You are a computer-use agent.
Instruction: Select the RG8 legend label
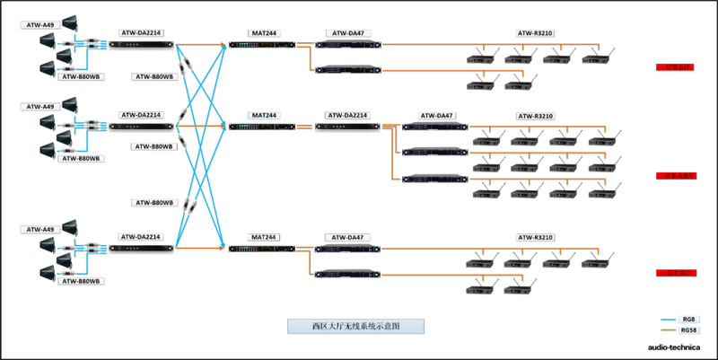point(688,320)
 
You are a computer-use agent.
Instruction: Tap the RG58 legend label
point(688,331)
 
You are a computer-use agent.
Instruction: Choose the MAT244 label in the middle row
point(264,116)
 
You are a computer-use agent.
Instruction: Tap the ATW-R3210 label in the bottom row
point(536,237)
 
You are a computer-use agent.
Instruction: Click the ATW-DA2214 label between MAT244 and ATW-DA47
point(346,116)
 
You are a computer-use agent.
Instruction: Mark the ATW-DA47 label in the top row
point(346,33)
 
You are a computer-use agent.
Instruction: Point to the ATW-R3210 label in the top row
point(536,33)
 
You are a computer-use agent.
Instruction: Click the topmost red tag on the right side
point(674,66)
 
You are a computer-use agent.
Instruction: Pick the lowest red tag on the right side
point(674,270)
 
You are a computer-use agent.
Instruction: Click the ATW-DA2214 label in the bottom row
point(141,237)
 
